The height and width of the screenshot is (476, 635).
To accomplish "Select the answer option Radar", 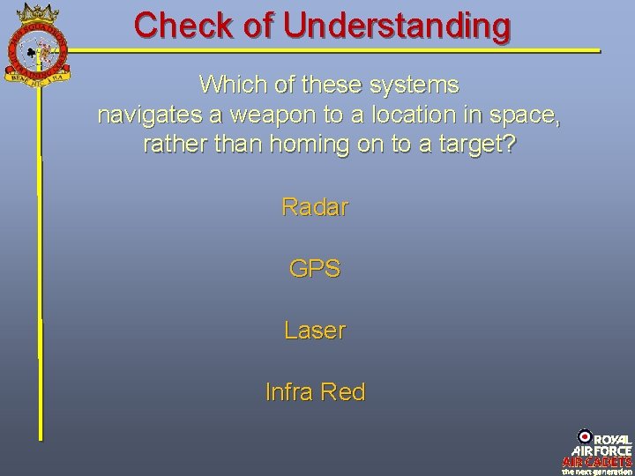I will coord(315,207).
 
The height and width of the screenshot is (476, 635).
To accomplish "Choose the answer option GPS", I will coord(315,269).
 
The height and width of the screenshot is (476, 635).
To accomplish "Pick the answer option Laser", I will coord(315,331).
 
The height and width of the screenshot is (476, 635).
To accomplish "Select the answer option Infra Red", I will coord(315,391).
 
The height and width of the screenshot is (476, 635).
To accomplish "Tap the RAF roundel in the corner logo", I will coord(585,435).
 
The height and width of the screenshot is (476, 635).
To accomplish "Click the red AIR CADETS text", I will coord(598,461).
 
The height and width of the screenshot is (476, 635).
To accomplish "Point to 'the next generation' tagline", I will coord(598,471).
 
